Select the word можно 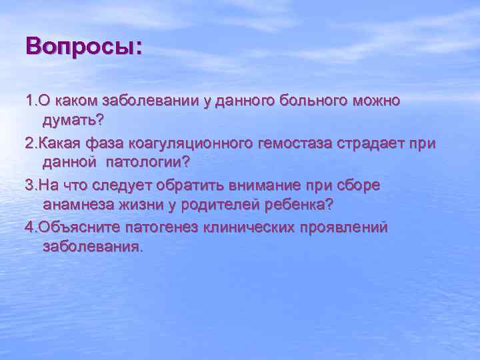click(x=376, y=101)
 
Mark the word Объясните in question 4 click(x=73, y=227)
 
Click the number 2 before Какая click(x=29, y=143)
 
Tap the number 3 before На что click(x=29, y=185)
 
